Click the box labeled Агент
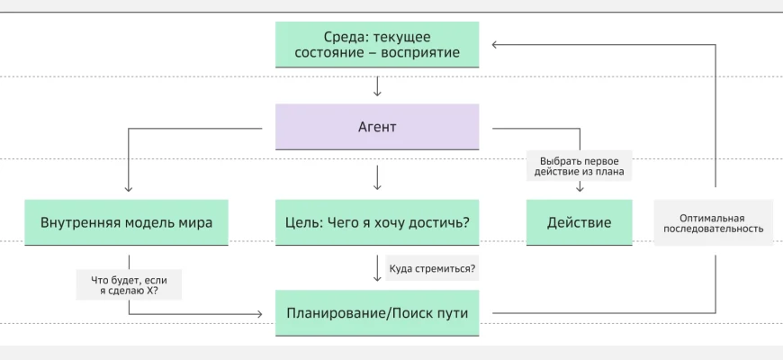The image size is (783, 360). coord(377,127)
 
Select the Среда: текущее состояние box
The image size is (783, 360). coord(377,44)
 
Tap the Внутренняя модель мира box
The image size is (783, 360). coord(127,222)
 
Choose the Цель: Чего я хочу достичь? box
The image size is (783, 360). coord(377,222)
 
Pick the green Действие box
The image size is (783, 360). coord(579,222)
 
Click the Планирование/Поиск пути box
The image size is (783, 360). coord(377,313)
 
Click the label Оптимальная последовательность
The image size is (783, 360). coord(714,222)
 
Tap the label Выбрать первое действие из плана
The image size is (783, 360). coord(579,166)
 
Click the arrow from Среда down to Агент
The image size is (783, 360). coord(377,86)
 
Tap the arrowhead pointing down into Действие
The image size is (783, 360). coord(579,188)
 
